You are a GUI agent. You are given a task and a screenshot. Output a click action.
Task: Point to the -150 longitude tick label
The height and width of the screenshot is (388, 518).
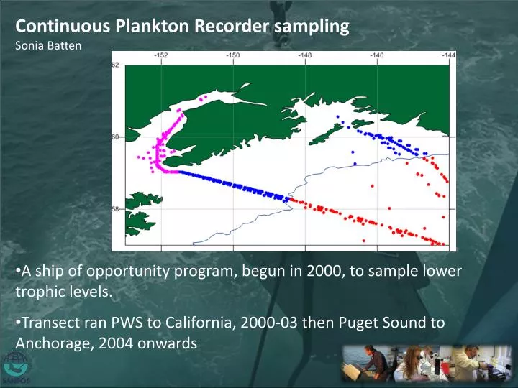(233, 55)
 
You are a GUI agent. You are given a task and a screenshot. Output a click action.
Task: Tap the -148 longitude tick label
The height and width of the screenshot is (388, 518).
(305, 55)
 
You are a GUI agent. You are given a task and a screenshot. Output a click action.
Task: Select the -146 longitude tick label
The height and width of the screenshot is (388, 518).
(376, 55)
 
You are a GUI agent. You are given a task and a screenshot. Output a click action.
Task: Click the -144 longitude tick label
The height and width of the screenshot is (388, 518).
(448, 55)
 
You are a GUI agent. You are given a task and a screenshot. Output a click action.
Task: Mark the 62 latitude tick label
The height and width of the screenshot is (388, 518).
(115, 65)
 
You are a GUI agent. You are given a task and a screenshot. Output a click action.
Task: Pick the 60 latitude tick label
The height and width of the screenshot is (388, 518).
(115, 137)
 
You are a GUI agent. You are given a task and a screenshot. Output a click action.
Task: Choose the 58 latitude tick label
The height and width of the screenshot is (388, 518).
(115, 209)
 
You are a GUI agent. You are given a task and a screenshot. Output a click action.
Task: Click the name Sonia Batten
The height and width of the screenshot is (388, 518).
(45, 45)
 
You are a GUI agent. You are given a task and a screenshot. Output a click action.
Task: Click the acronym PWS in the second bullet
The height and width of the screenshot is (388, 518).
(120, 323)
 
